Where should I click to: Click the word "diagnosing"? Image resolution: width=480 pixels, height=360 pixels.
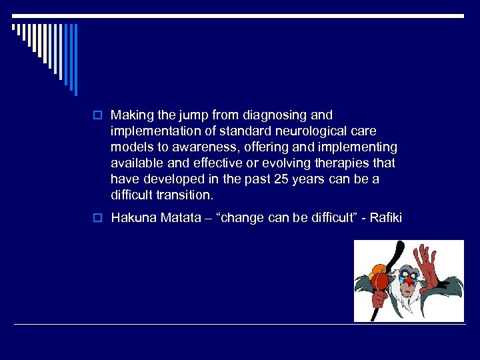tap(279, 115)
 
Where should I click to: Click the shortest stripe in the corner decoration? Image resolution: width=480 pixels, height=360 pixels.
tap(14, 28)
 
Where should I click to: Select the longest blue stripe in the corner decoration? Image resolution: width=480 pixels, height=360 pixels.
tap(75, 59)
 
